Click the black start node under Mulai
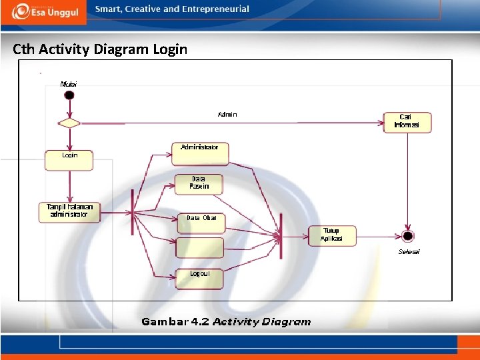69,95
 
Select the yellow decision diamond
69,123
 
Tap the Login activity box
69,160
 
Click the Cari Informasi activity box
407,122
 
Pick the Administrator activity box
200,153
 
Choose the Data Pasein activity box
199,184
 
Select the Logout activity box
199,278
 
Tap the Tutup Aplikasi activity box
332,235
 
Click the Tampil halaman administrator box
69,212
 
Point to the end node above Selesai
408,236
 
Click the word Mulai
69,84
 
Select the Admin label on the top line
227,115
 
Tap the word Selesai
409,251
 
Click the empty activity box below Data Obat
199,248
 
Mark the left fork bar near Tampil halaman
133,212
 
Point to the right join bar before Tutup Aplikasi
281,235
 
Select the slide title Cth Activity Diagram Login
100,49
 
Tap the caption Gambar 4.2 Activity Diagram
226,322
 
